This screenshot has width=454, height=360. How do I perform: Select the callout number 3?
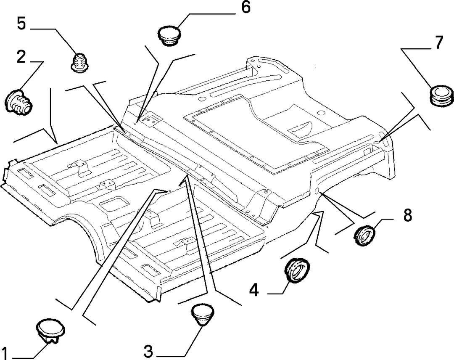[148, 351]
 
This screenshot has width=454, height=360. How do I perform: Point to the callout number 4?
[254, 290]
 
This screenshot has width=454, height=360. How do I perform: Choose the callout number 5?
[21, 24]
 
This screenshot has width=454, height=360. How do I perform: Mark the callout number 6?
[246, 7]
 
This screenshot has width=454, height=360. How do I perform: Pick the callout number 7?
[439, 42]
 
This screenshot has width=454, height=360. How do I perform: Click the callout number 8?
[407, 215]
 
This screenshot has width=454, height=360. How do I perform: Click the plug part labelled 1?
[51, 331]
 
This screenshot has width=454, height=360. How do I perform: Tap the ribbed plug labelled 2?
[18, 101]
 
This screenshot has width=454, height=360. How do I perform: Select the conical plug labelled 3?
[203, 315]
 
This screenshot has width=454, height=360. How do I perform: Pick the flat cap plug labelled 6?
[169, 35]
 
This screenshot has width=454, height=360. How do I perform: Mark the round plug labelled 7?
[441, 95]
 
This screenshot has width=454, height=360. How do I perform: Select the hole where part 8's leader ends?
[317, 191]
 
